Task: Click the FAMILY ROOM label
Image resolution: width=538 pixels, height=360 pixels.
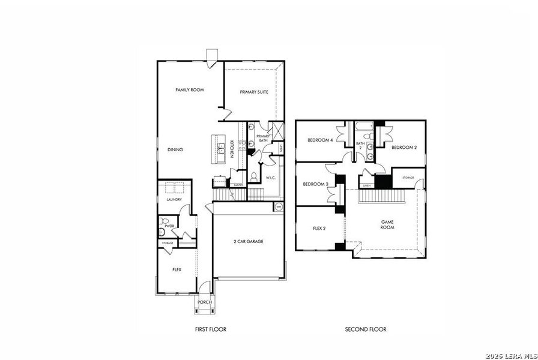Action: click(190, 90)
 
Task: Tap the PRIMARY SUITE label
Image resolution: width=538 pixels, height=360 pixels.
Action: click(254, 92)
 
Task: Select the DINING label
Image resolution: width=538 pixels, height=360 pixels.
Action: click(175, 149)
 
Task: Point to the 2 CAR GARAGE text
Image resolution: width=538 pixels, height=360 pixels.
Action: click(249, 242)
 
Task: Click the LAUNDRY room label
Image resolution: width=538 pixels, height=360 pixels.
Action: click(174, 200)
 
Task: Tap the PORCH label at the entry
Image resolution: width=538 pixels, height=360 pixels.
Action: click(205, 302)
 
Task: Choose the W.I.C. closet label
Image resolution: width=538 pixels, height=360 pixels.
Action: click(271, 178)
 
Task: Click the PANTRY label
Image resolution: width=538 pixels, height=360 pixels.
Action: click(238, 185)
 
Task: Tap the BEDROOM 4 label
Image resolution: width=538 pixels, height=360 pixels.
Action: click(320, 140)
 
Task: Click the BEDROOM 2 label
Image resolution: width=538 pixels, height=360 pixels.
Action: click(404, 147)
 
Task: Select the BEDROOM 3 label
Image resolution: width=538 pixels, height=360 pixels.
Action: click(315, 184)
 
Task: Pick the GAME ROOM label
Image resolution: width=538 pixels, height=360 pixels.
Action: click(387, 224)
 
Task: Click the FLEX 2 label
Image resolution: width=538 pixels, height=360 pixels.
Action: click(319, 229)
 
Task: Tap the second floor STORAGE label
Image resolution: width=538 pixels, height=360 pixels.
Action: click(408, 178)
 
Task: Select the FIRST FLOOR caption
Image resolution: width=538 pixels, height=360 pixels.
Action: click(211, 329)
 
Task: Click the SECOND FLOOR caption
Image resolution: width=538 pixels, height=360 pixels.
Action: click(366, 329)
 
